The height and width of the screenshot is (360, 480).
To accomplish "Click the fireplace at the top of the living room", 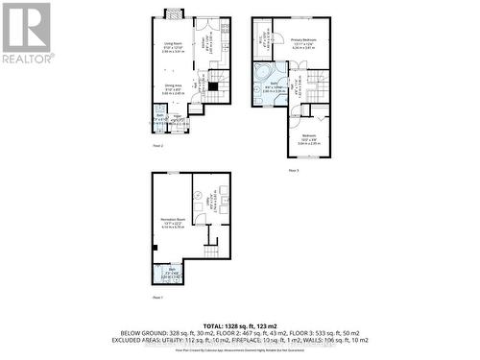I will point(173,13).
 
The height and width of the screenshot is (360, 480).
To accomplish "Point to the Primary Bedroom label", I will point(303,40).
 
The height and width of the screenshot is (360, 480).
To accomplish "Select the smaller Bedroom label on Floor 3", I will point(308,137).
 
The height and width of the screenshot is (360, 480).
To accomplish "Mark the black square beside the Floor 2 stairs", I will point(214,85).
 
